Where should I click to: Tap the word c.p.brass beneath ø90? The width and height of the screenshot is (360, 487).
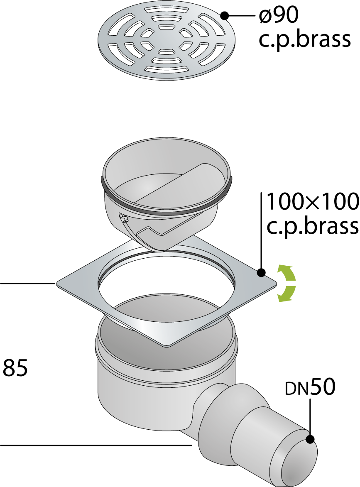click(x=304, y=39)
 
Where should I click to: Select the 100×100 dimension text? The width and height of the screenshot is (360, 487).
click(x=313, y=202)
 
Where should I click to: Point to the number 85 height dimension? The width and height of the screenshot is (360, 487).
click(x=15, y=367)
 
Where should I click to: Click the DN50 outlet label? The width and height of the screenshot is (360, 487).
click(x=310, y=387)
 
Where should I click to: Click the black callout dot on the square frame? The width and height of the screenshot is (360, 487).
click(x=261, y=273)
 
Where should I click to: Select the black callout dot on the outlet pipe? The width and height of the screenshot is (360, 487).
click(x=310, y=439)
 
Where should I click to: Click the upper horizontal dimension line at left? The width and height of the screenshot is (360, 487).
click(x=27, y=283)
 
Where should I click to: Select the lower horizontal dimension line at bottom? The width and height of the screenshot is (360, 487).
click(x=96, y=446)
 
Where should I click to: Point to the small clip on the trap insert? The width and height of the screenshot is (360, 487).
click(x=124, y=219)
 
